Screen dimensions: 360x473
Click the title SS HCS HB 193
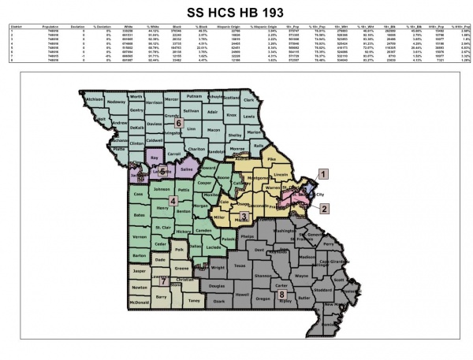point(236,13)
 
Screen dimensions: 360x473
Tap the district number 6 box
point(178,124)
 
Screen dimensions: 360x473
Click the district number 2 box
point(325,208)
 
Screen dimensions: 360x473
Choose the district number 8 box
point(281,295)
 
